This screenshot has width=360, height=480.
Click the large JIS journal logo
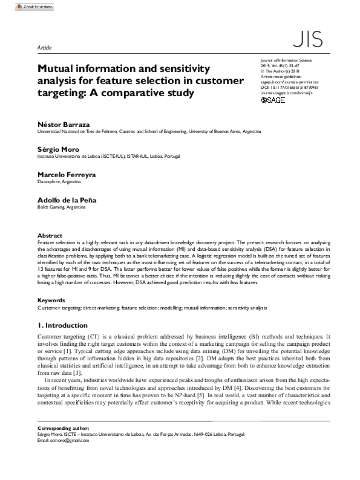click(306, 40)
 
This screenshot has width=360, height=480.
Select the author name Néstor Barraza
click(63, 123)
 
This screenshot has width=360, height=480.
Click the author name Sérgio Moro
click(58, 149)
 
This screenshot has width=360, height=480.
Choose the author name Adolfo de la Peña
click(67, 199)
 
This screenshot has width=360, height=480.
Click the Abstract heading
click(50, 235)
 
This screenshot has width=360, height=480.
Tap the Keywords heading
click(51, 300)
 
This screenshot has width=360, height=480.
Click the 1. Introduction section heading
click(62, 325)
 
